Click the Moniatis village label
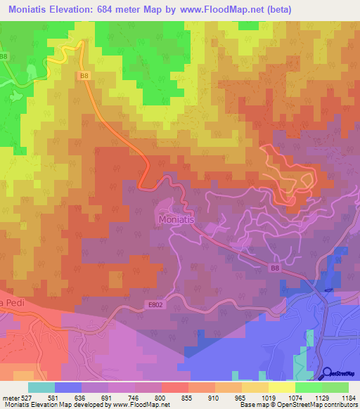point(174,219)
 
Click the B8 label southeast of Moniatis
point(276,267)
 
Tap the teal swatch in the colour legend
point(41,387)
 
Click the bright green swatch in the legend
point(309,387)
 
